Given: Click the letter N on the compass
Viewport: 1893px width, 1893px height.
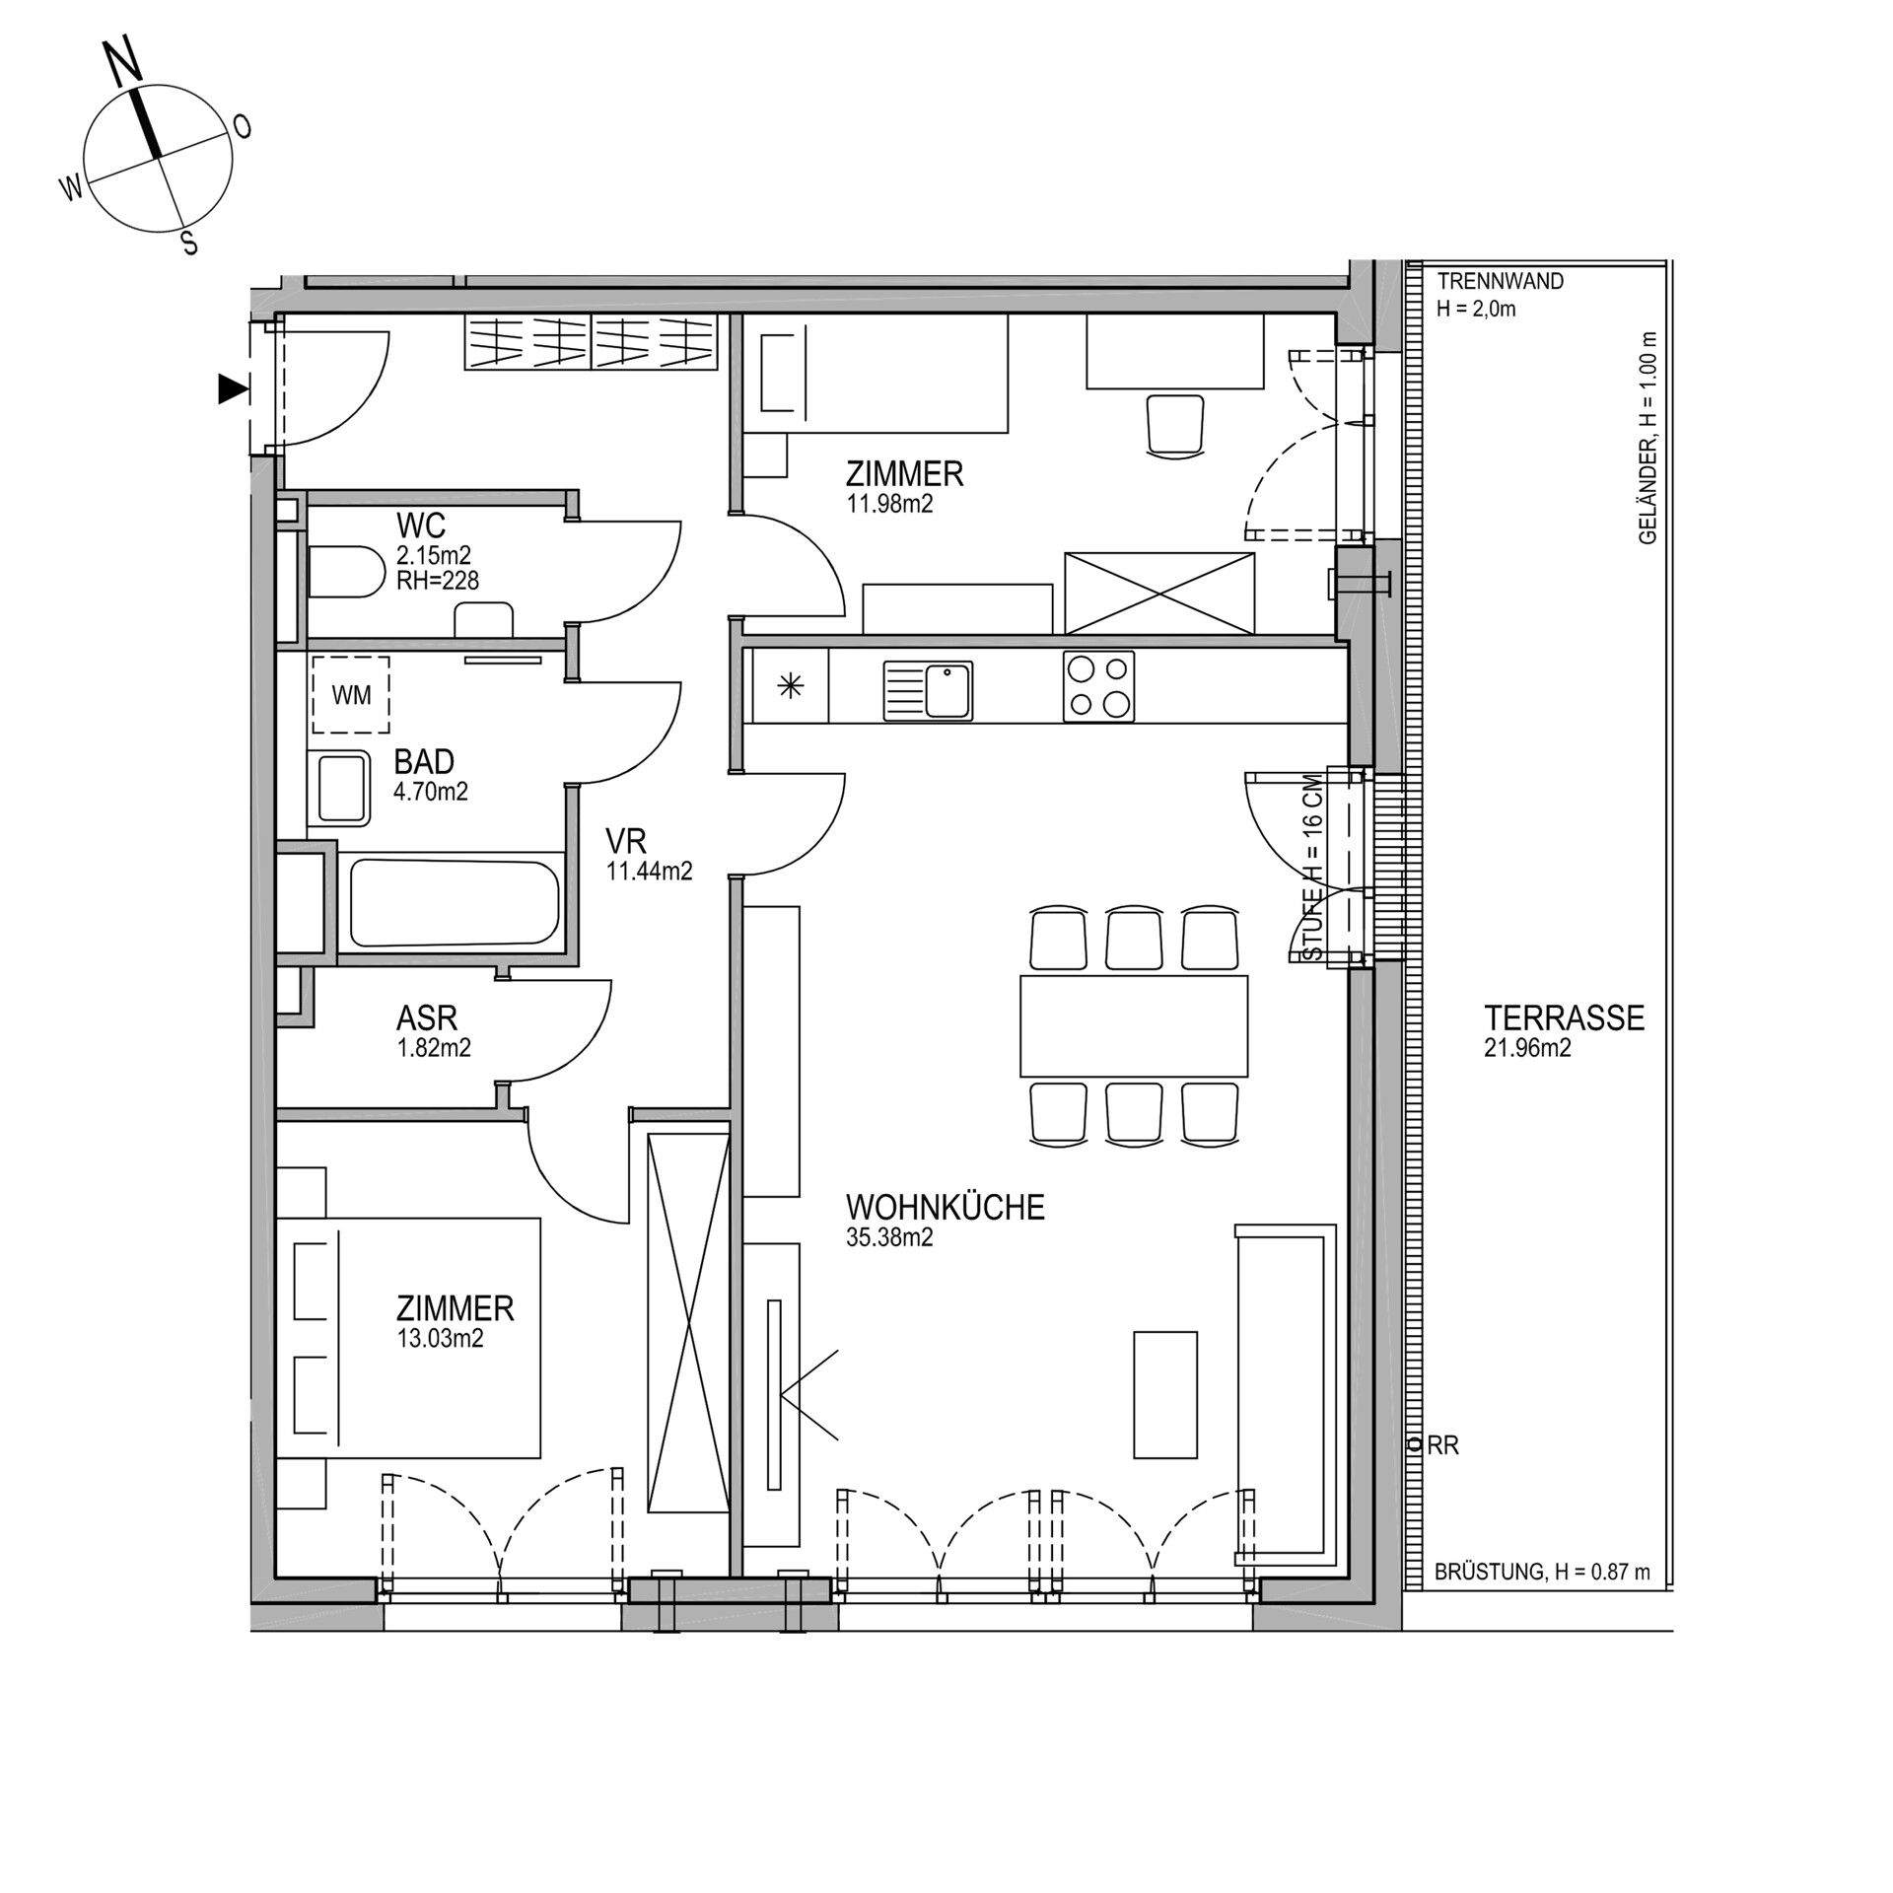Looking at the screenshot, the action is pyautogui.click(x=124, y=63).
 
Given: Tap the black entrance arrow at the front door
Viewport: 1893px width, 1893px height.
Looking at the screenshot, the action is pyautogui.click(x=233, y=390).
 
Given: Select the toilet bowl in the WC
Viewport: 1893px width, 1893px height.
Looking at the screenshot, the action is pyautogui.click(x=345, y=572).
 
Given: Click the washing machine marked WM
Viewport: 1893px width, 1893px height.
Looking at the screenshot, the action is pyautogui.click(x=351, y=695).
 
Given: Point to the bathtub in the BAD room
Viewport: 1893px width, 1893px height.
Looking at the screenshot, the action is pyautogui.click(x=454, y=902).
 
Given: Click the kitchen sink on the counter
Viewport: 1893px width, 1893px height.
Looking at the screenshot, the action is pyautogui.click(x=928, y=690).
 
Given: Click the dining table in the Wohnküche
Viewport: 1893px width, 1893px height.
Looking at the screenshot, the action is pyautogui.click(x=1134, y=1025).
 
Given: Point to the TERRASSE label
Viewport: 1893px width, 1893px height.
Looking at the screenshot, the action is pyautogui.click(x=1565, y=1017).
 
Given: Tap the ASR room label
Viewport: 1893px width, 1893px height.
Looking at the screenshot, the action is pyautogui.click(x=427, y=1017).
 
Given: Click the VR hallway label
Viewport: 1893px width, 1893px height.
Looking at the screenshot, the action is pyautogui.click(x=626, y=841).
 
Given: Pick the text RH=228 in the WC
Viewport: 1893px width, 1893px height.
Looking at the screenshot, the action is pyautogui.click(x=438, y=581).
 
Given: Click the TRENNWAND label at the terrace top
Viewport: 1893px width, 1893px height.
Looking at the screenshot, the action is pyautogui.click(x=1501, y=281).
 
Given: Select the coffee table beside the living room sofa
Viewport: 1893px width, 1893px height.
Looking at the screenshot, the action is pyautogui.click(x=1165, y=1394).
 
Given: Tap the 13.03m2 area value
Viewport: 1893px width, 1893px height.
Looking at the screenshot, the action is pyautogui.click(x=440, y=1339).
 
